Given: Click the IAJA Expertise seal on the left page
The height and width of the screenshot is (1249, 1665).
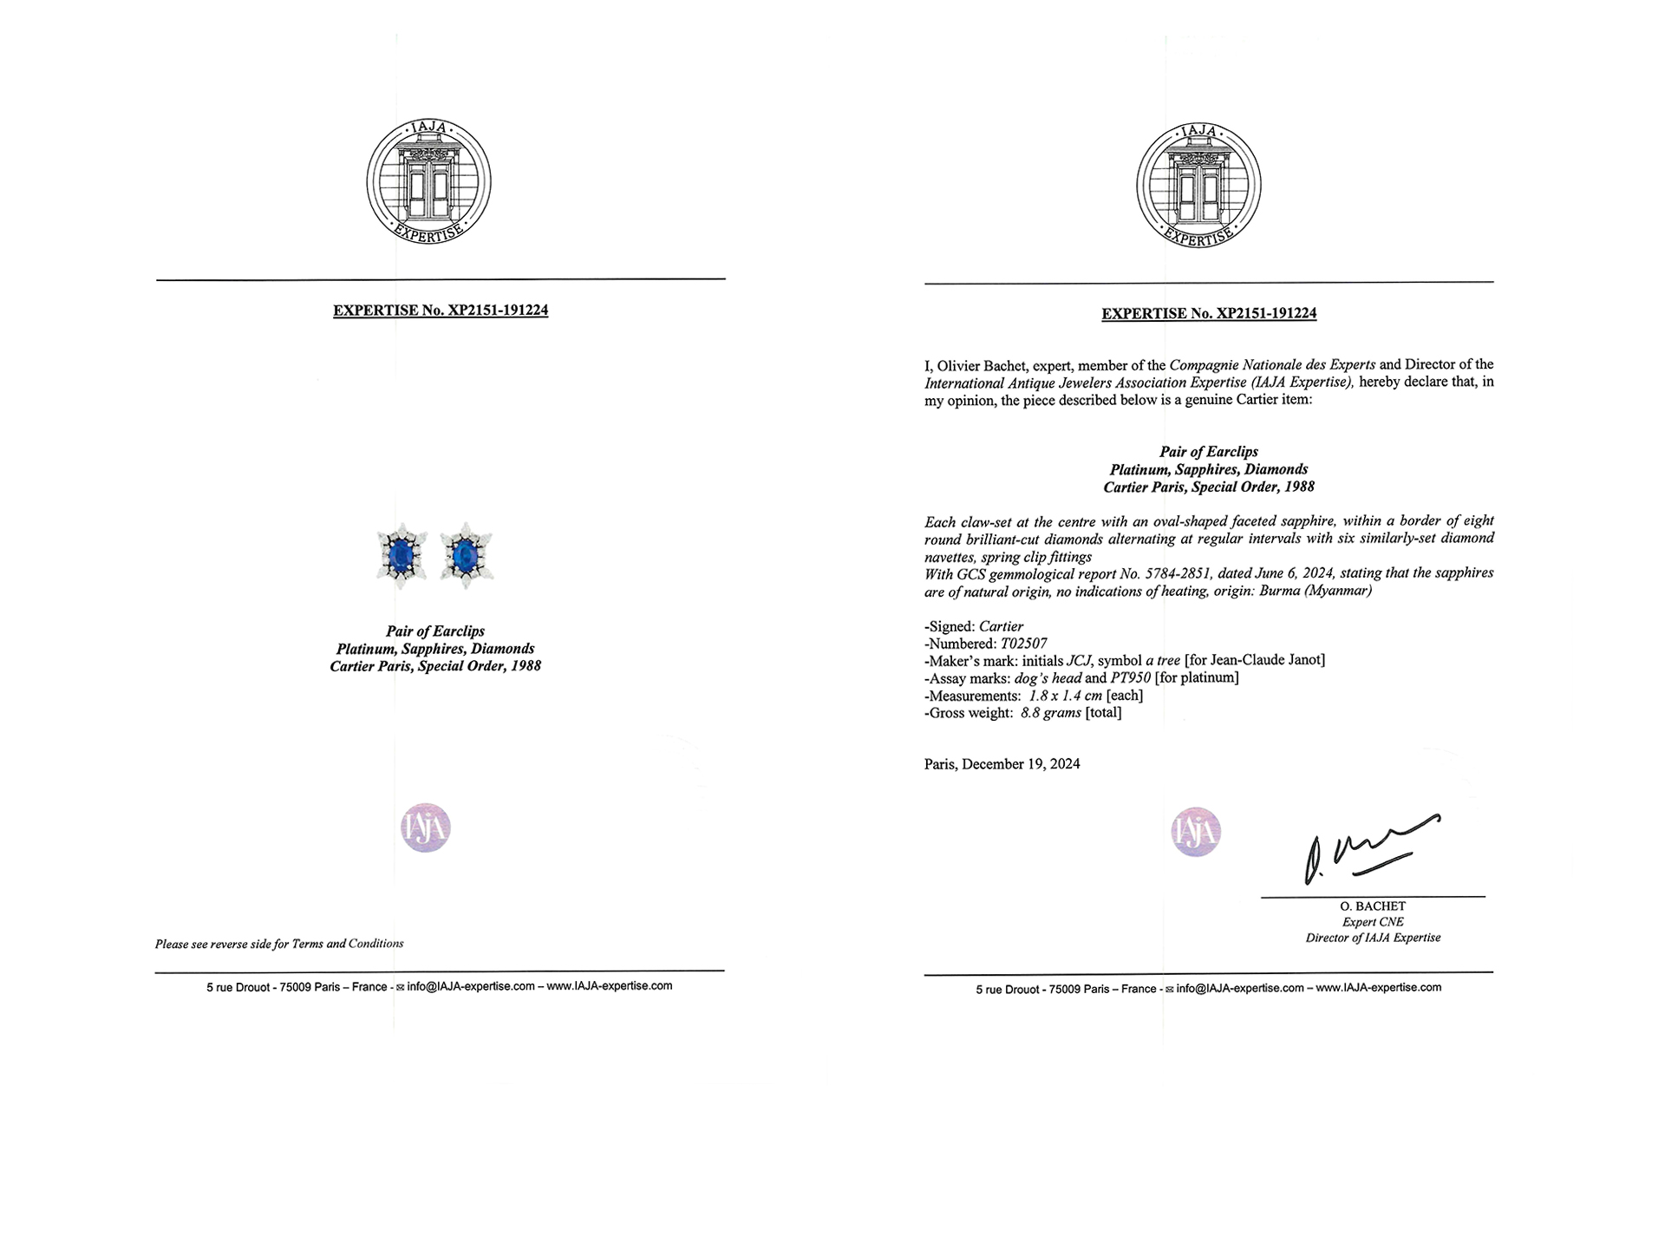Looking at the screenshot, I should pos(428,182).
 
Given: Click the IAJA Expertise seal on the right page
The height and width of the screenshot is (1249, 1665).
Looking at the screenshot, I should pos(1198,185).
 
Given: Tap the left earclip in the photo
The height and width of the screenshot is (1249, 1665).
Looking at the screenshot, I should pos(401,555).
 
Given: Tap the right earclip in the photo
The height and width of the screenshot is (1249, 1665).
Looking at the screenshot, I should pos(467,555).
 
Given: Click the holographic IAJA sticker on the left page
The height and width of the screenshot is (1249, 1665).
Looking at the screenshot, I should pos(426,827).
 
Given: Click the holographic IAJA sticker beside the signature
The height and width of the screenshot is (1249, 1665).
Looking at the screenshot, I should pos(1196,832).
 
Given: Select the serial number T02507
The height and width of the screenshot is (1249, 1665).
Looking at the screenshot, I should pos(1023,644).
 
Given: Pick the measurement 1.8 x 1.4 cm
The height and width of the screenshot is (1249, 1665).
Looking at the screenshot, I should pos(1065,696).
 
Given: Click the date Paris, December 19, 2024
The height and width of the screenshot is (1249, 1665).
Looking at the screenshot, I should pos(1002,764).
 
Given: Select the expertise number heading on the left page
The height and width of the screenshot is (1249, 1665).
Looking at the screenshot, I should pos(441,311).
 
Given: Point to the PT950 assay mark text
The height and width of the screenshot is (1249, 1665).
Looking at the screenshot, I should pos(1130,677).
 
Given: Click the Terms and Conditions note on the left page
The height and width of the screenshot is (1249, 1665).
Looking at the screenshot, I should pos(279,944).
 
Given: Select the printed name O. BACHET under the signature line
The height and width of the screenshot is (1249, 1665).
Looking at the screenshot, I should pos(1373,906).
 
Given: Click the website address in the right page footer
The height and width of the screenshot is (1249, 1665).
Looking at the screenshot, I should pos(1378,988).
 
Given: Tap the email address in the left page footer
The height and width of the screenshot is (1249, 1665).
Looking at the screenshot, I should pos(470,986).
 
